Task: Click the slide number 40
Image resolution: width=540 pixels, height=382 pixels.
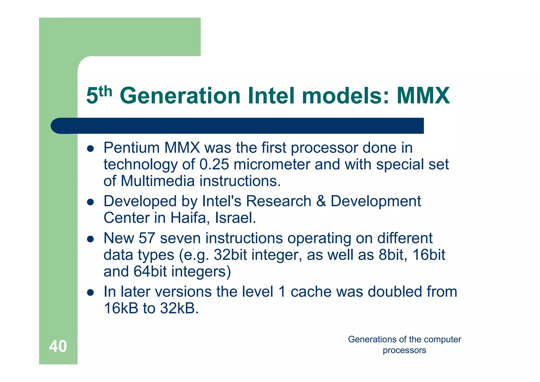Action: [x=58, y=346]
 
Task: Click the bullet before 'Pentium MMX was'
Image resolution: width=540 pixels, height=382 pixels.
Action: [x=90, y=149]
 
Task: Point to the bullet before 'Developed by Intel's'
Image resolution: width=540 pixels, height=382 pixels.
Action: [x=90, y=202]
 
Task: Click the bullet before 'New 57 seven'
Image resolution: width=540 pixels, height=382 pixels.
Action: [x=90, y=239]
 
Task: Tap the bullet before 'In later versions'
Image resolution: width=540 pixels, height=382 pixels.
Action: [x=90, y=293]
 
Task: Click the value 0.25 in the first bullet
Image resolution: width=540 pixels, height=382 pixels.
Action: [x=214, y=164]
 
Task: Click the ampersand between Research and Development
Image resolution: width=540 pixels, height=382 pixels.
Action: [x=321, y=201]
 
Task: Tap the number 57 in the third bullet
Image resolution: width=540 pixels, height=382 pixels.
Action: [x=147, y=238]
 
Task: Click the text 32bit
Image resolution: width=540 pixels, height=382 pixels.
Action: [x=230, y=255]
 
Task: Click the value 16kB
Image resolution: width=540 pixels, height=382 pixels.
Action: [x=121, y=308]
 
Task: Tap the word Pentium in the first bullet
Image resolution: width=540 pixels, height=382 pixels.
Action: [x=132, y=148]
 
